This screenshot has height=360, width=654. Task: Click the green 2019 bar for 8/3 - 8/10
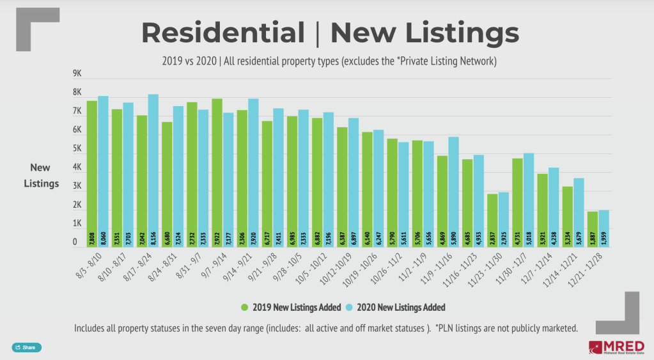(91, 173)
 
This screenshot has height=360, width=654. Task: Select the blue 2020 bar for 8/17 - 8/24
(153, 170)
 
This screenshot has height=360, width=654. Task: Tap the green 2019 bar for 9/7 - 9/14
(217, 172)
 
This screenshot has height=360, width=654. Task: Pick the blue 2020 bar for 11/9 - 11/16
(454, 191)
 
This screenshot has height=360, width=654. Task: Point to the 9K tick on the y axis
(77, 74)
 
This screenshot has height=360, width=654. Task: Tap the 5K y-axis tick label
(77, 149)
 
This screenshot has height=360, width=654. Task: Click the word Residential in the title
(222, 33)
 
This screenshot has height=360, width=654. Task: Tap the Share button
(26, 348)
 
